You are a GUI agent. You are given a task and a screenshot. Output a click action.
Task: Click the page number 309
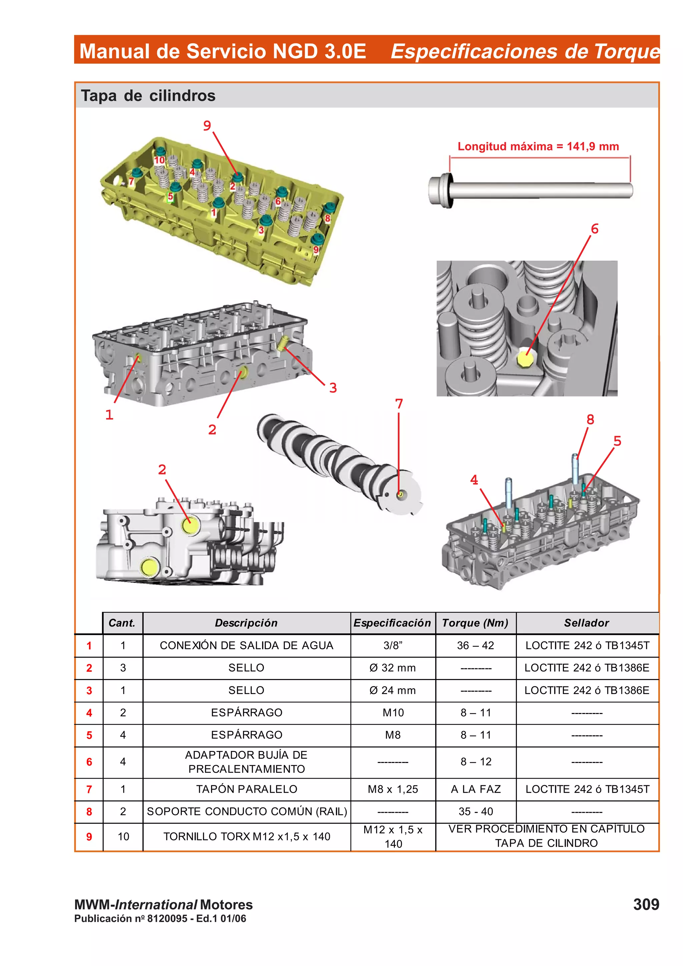point(646,904)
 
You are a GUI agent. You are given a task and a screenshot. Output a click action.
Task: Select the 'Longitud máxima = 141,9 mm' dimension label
point(538,146)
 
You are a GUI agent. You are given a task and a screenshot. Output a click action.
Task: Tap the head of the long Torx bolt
point(441,191)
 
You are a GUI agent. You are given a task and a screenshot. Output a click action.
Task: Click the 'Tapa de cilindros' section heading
point(148,96)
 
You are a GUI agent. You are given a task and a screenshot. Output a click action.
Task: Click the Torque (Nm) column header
point(475,623)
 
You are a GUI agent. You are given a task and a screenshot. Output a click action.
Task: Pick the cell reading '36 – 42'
point(475,645)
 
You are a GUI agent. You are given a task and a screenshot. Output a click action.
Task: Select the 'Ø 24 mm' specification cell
point(392,690)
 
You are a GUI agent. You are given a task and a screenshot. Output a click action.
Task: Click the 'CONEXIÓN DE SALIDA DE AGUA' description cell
point(246,645)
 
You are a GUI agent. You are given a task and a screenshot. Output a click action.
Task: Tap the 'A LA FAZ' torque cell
point(475,789)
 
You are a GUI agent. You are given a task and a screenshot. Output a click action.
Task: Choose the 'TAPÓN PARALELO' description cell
point(246,789)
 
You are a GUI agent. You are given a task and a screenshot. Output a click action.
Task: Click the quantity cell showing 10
point(123,836)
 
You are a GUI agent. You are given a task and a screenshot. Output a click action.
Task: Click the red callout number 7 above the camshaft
point(399,404)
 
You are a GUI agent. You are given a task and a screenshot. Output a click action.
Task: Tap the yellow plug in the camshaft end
point(400,494)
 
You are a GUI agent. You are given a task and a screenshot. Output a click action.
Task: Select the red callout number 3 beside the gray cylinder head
point(333,387)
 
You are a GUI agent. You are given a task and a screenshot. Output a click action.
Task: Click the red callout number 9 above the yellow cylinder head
point(207,125)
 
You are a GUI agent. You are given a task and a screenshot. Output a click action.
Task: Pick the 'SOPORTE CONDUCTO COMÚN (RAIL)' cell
point(246,812)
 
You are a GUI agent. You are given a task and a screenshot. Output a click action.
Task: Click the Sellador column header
point(586,623)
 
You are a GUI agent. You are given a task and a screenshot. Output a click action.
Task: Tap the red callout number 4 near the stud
point(474,480)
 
